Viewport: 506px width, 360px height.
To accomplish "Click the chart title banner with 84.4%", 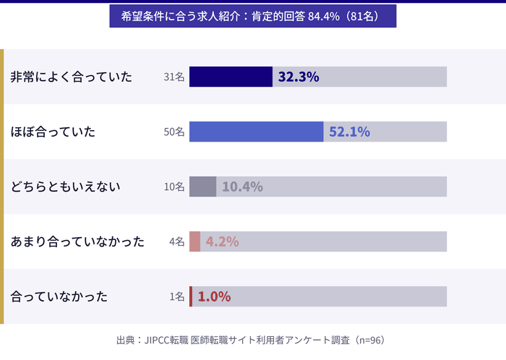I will (252, 16).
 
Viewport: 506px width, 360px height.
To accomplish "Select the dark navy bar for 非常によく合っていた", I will (231, 77).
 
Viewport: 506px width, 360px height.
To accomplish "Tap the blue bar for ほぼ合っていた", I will (256, 132).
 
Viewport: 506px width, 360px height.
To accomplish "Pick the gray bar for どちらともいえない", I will (202, 187).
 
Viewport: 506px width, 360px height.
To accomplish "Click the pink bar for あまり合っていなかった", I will (194, 241).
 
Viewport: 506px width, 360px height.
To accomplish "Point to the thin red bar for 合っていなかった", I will (191, 296).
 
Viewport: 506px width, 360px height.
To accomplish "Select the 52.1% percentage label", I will (349, 132).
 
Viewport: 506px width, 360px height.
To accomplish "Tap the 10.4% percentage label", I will (242, 187).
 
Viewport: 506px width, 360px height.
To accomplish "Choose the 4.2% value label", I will (222, 241).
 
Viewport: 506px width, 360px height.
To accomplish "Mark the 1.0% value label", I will (214, 296).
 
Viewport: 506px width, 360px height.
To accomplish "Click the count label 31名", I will (174, 77).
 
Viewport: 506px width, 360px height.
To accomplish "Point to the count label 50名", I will (174, 132).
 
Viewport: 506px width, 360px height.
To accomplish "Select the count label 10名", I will (174, 187).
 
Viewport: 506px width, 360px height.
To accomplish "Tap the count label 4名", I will (177, 241).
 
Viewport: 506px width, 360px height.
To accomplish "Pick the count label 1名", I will (177, 296).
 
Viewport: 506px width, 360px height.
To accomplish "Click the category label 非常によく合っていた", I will (72, 77).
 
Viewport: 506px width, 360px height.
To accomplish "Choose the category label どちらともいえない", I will (65, 187).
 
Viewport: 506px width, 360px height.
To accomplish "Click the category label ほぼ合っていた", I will (53, 132).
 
